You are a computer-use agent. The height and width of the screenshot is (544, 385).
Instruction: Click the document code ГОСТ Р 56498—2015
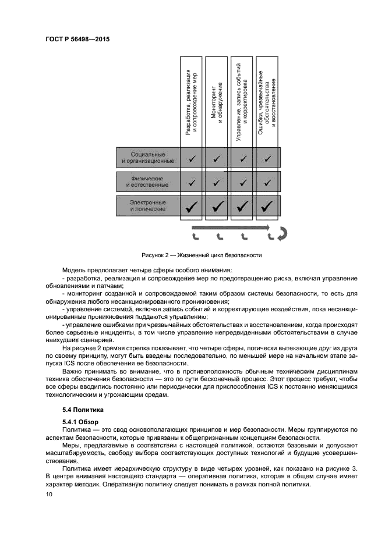click(77, 40)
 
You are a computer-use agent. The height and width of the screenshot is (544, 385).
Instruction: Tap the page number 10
click(48, 494)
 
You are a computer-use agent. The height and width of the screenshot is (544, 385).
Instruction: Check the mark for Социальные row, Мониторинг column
click(217, 158)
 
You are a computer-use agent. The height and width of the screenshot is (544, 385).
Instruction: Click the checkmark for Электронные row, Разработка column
click(191, 205)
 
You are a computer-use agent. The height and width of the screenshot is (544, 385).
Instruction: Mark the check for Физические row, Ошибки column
click(267, 182)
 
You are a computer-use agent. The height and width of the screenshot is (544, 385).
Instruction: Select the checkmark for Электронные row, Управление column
click(242, 205)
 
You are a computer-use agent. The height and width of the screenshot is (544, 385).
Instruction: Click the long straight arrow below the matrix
click(230, 227)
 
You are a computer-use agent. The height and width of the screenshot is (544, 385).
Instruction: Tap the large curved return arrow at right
click(282, 233)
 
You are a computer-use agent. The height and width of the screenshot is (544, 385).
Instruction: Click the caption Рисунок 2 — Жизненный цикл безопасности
click(202, 255)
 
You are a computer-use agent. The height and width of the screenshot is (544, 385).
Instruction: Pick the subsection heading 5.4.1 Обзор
click(81, 421)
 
